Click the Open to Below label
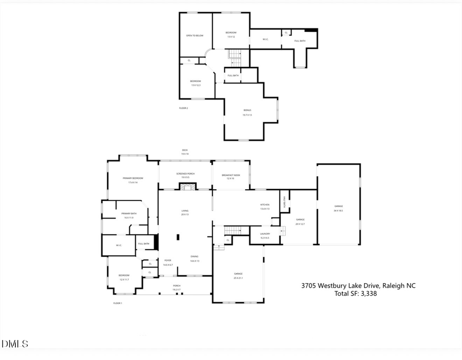pos(195,35)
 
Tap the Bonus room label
pos(247,112)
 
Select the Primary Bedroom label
pos(133,179)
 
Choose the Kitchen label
pos(265,206)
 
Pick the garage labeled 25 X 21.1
pos(239,275)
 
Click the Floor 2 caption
pos(183,108)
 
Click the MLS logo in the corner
pos(15,344)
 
